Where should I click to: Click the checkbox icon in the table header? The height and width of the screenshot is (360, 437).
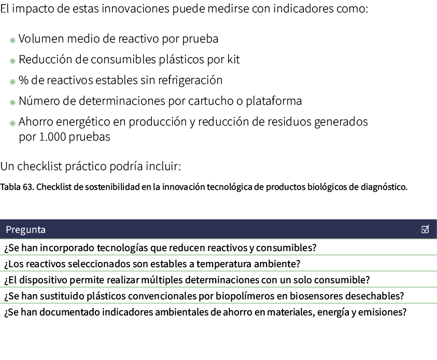point(426,229)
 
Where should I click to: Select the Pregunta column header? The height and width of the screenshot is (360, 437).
point(26,230)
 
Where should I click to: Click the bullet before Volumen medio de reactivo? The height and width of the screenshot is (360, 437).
point(12,40)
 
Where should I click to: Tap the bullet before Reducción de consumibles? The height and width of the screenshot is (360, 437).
point(12,61)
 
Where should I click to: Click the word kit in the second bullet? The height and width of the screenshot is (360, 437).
point(233,60)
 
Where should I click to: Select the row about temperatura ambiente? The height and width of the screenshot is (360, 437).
point(152,264)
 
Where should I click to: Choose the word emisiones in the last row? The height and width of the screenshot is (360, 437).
point(385,313)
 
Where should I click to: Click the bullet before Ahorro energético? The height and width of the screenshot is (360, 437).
point(12,123)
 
